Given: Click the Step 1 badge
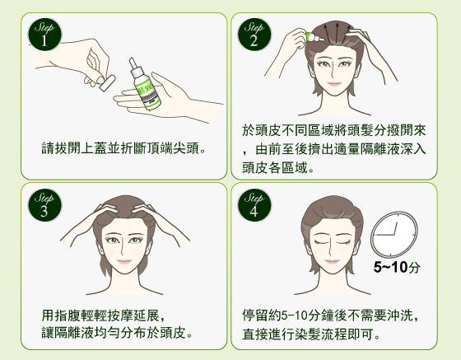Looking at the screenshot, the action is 44,34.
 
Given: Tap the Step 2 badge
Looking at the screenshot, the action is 254,34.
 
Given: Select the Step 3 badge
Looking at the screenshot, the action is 44,204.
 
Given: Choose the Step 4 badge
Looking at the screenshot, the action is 254,204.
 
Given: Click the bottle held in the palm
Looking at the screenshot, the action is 144,84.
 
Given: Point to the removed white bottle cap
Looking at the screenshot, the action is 107,83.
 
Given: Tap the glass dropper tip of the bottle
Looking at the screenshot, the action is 133,63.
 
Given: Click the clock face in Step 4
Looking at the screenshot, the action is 394,234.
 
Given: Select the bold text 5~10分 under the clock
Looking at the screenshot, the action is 397,267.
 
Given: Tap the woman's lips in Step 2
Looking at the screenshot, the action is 334,84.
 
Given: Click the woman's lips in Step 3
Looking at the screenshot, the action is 124,261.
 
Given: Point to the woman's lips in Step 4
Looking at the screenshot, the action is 332,261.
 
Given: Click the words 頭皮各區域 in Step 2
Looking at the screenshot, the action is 275,168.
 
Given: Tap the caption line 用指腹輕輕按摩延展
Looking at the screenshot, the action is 104,316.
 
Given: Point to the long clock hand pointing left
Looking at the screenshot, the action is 385,235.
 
